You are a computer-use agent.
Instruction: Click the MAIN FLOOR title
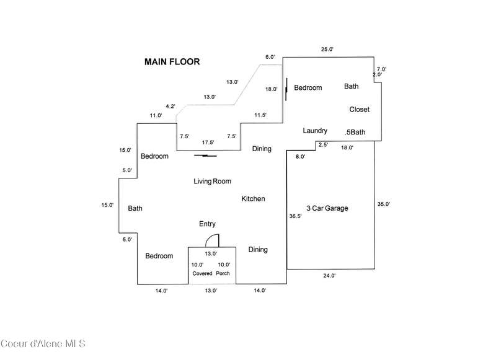pos(172,62)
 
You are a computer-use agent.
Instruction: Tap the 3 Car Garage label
pos(327,209)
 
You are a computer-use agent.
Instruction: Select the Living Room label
pos(212,182)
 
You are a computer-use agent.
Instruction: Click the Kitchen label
pos(253,199)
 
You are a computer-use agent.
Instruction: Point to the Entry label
pos(207,224)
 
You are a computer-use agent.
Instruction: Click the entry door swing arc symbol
pos(211,240)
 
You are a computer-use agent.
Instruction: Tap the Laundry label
pos(315,131)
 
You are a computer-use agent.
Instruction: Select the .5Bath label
pos(355,132)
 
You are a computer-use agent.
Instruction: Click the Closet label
pos(359,110)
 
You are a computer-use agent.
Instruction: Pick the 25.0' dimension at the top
pos(327,49)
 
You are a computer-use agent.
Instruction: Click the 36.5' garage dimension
pos(296,217)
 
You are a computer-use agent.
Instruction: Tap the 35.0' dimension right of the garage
pos(383,204)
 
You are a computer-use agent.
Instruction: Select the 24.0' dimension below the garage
pos(329,276)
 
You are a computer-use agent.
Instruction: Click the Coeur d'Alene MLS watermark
pos(43,343)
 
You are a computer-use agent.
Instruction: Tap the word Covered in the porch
pos(201,273)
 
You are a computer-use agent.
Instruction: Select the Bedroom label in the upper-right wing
pos(308,88)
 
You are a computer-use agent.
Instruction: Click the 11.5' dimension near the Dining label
pos(260,115)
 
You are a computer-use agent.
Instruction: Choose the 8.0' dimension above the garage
pos(300,157)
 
